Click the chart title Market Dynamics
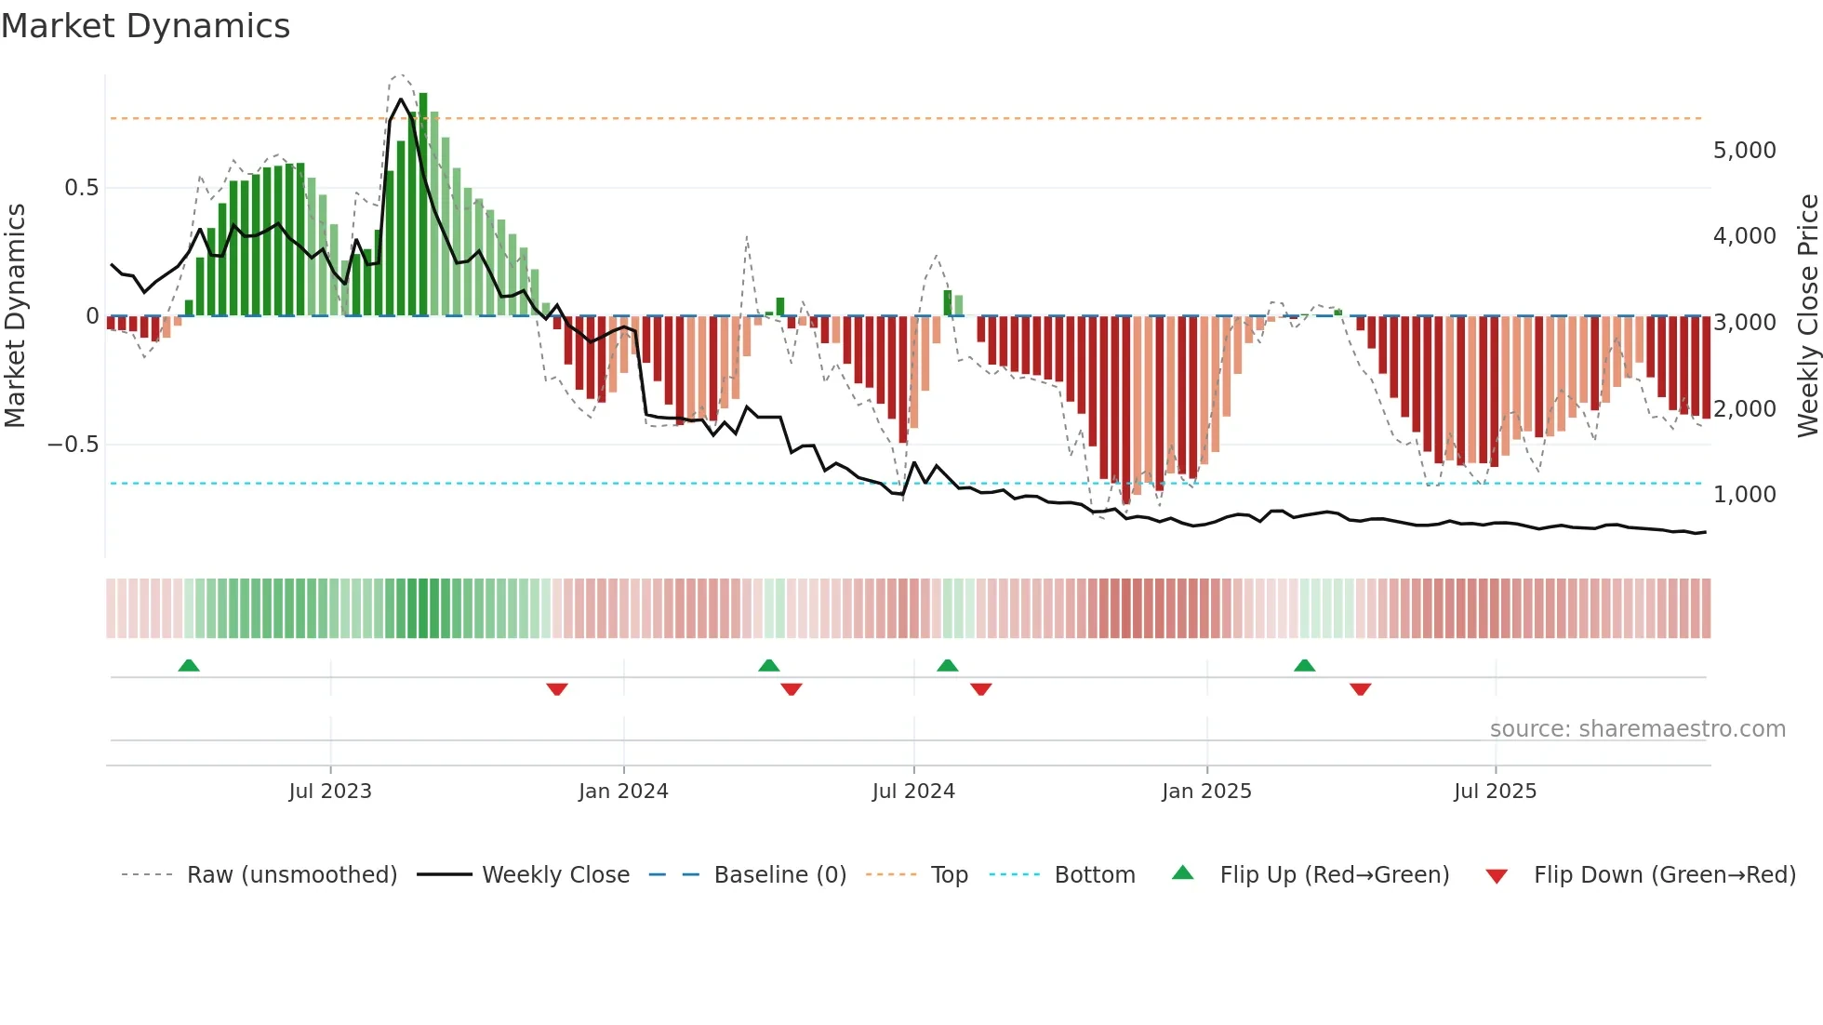click(x=145, y=26)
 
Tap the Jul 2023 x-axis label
click(x=330, y=792)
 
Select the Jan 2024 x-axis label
click(x=623, y=792)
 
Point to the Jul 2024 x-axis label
click(x=913, y=792)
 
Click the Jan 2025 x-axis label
click(x=1206, y=792)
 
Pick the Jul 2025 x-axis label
click(x=1495, y=792)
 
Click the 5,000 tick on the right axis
click(x=1744, y=151)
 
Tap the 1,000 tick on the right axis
click(x=1744, y=495)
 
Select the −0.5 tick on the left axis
click(x=73, y=445)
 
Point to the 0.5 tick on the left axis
click(x=81, y=188)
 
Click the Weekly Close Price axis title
click(x=1807, y=315)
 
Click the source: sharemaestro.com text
click(x=1637, y=729)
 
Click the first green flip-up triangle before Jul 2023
click(x=189, y=665)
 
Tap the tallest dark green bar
click(x=423, y=205)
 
